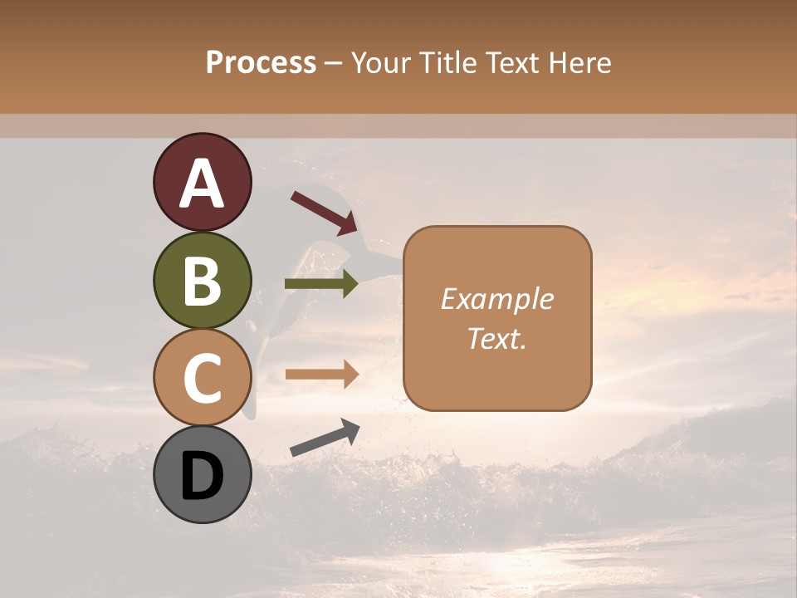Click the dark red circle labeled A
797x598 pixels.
pyautogui.click(x=203, y=183)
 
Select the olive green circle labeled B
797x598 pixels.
pyautogui.click(x=203, y=280)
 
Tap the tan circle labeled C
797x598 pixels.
pyautogui.click(x=203, y=377)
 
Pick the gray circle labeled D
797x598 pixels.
pyautogui.click(x=203, y=474)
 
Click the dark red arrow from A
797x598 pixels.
pyautogui.click(x=324, y=213)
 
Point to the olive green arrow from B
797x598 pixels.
pyautogui.click(x=321, y=284)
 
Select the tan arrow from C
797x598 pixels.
pyautogui.click(x=321, y=374)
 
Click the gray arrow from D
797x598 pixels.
pyautogui.click(x=325, y=438)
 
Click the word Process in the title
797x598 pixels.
pyautogui.click(x=261, y=63)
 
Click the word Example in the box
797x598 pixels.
pyautogui.click(x=497, y=299)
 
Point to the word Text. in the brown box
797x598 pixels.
pyautogui.click(x=497, y=338)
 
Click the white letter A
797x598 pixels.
pyautogui.click(x=203, y=184)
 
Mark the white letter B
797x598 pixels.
pyautogui.click(x=203, y=281)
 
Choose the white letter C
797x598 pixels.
pyautogui.click(x=203, y=378)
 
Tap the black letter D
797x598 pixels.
pyautogui.click(x=203, y=476)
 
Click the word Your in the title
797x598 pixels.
pyautogui.click(x=381, y=63)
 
